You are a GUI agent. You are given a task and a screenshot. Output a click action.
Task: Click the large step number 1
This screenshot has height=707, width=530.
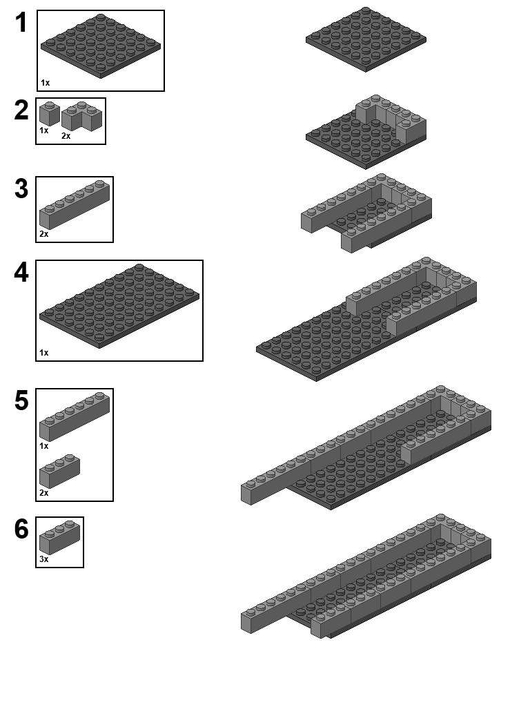21,23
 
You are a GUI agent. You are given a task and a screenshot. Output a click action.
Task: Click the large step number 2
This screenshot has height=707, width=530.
21,110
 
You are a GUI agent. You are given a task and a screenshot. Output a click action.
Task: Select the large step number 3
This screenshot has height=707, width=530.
21,188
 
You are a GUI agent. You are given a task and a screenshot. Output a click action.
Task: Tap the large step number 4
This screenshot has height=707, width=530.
21,272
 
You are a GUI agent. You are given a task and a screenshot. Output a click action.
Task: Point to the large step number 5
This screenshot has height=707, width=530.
21,400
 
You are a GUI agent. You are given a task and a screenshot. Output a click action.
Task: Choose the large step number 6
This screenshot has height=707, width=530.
21,529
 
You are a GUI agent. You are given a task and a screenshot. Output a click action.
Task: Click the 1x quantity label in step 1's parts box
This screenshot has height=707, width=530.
45,83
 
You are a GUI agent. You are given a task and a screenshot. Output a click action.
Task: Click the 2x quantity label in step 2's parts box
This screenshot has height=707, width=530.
66,136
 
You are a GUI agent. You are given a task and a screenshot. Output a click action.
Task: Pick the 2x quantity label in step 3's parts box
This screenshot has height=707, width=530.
43,233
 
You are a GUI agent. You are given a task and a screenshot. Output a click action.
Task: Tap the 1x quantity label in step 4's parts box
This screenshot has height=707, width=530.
43,353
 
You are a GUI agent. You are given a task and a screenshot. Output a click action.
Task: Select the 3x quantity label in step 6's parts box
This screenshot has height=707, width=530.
43,559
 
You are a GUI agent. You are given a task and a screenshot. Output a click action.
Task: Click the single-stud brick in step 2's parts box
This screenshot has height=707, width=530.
50,114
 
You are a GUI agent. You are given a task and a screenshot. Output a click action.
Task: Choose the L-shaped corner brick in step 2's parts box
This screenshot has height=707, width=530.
82,116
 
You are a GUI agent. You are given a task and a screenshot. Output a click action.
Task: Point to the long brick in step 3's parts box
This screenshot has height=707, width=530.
75,204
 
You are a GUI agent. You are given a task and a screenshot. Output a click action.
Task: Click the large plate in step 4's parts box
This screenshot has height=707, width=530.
119,306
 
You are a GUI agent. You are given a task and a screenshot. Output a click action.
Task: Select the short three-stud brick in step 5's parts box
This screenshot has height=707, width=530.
59,471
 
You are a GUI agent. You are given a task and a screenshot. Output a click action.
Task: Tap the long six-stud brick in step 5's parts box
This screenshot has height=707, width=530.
75,416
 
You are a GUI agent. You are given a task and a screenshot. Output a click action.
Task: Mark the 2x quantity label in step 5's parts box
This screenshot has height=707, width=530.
43,493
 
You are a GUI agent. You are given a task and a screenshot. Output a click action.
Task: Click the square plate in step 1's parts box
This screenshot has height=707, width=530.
101,46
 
